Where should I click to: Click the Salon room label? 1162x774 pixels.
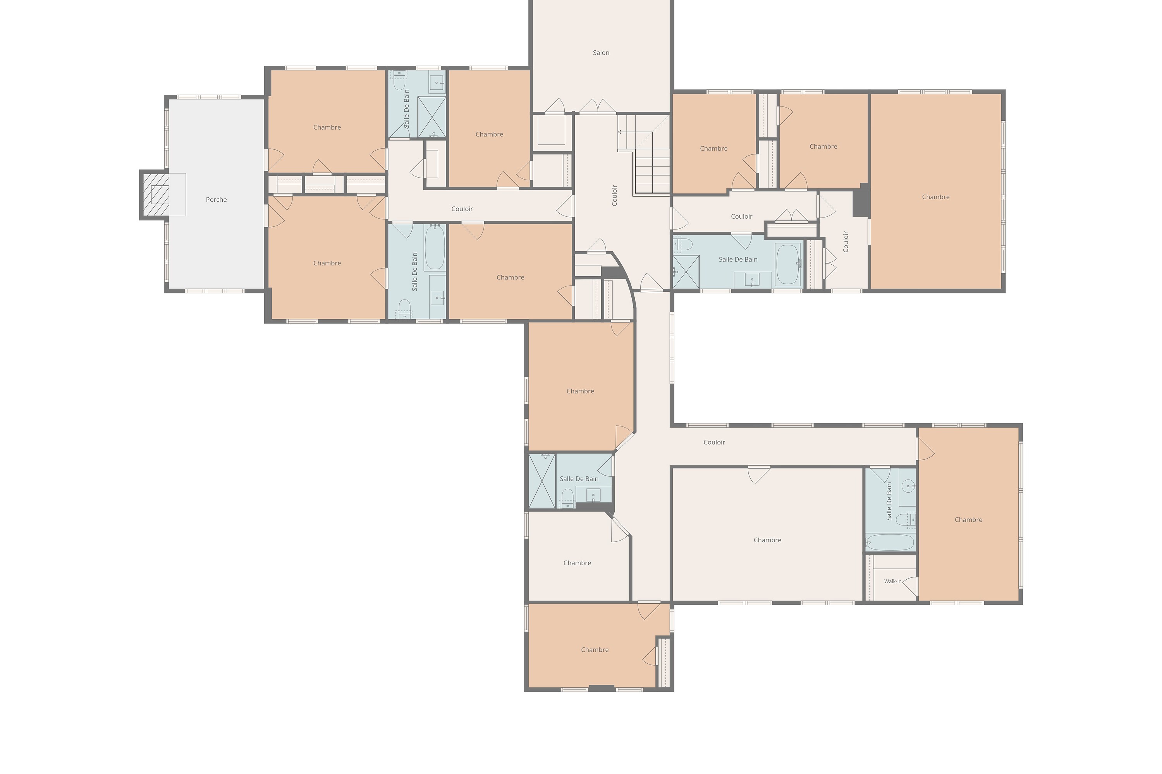point(601,53)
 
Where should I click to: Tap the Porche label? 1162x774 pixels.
point(217,199)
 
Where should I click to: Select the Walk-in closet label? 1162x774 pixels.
point(893,582)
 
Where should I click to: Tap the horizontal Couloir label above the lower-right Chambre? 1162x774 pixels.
point(714,442)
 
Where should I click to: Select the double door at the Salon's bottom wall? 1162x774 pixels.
point(598,106)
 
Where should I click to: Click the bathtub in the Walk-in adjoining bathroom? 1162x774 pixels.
point(890,542)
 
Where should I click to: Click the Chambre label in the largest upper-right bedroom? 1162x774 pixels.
point(935,197)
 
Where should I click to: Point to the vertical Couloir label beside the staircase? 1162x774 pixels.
point(615,195)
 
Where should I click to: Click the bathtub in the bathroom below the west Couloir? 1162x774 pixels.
point(435,247)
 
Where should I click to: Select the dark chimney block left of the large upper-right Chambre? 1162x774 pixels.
point(861,200)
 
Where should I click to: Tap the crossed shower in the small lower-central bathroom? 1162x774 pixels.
point(542,481)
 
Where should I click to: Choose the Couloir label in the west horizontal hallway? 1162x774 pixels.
point(462,209)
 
